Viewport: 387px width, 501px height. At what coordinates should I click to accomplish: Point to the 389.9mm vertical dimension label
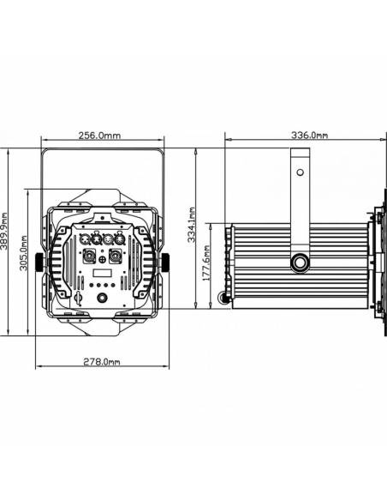tap(8, 239)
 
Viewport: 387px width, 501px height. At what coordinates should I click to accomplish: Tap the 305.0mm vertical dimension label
tap(27, 256)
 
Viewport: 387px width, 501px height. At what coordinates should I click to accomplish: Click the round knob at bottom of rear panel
tap(102, 298)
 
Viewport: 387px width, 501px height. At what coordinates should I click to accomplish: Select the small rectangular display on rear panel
tap(102, 272)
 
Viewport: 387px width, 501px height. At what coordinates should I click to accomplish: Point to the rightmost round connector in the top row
tap(120, 239)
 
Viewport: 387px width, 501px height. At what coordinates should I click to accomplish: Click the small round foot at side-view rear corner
tap(225, 298)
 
